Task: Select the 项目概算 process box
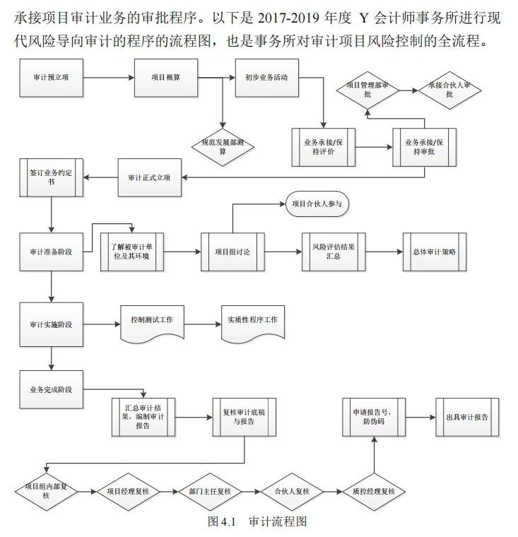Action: (x=165, y=77)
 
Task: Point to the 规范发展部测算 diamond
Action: (x=223, y=146)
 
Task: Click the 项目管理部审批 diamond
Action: (x=367, y=89)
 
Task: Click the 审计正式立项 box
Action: (x=148, y=177)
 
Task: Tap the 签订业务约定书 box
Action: (x=52, y=177)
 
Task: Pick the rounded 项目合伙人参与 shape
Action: (x=317, y=205)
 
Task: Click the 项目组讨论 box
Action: (x=232, y=251)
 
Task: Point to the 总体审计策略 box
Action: (x=435, y=251)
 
